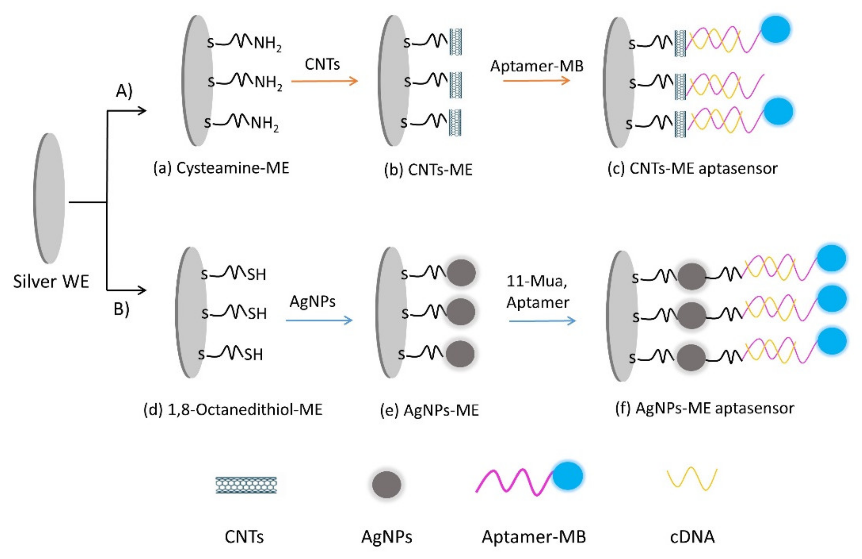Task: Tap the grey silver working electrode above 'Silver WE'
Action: tap(49, 198)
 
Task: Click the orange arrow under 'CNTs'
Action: tap(324, 81)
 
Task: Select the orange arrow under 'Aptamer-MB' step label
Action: tap(536, 81)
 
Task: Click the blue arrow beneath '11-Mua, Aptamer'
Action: tap(542, 321)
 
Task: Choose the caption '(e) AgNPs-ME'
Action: tap(429, 410)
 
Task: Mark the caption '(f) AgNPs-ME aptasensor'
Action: tap(705, 408)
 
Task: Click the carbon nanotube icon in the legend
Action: tap(246, 485)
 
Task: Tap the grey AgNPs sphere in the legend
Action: tap(386, 484)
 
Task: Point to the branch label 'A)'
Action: tap(124, 91)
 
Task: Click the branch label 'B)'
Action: tap(121, 309)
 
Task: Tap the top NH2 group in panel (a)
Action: tap(267, 44)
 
